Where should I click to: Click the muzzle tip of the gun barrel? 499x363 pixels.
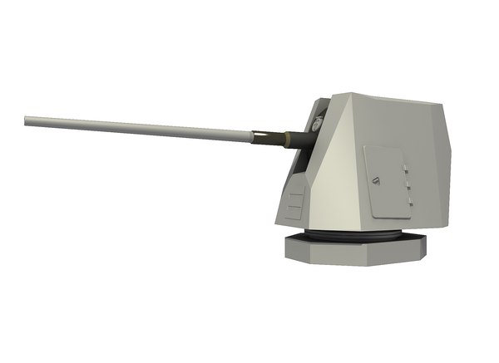(26, 120)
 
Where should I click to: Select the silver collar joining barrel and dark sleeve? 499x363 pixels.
(253, 133)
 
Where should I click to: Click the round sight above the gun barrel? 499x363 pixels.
(316, 125)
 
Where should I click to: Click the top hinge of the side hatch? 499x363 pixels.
(407, 168)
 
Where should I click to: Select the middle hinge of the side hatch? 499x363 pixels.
(408, 187)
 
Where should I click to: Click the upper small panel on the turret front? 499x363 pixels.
(294, 200)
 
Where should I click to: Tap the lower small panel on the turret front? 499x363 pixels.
(290, 213)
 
